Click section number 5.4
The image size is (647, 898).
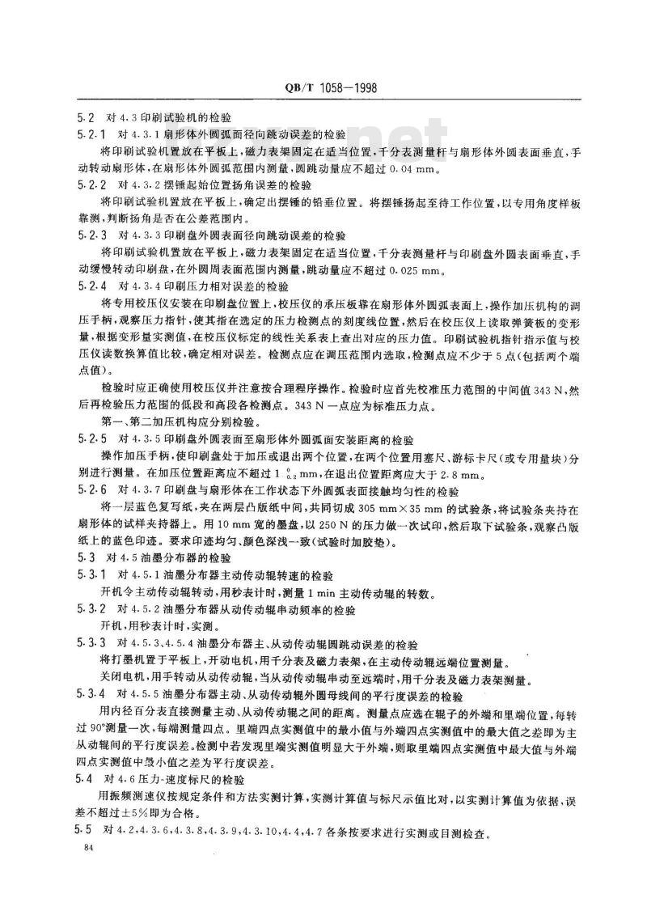click(x=81, y=779)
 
